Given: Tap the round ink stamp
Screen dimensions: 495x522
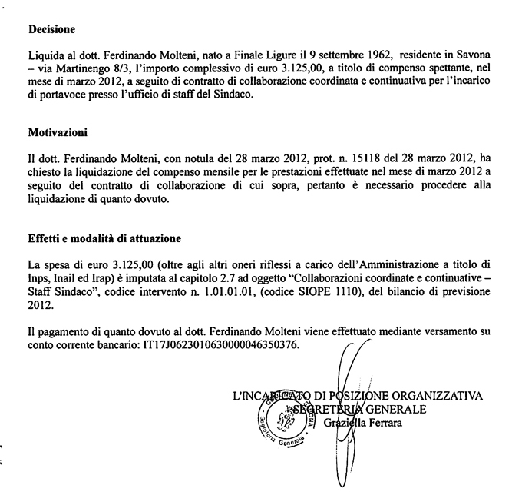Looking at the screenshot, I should click(x=288, y=416).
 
